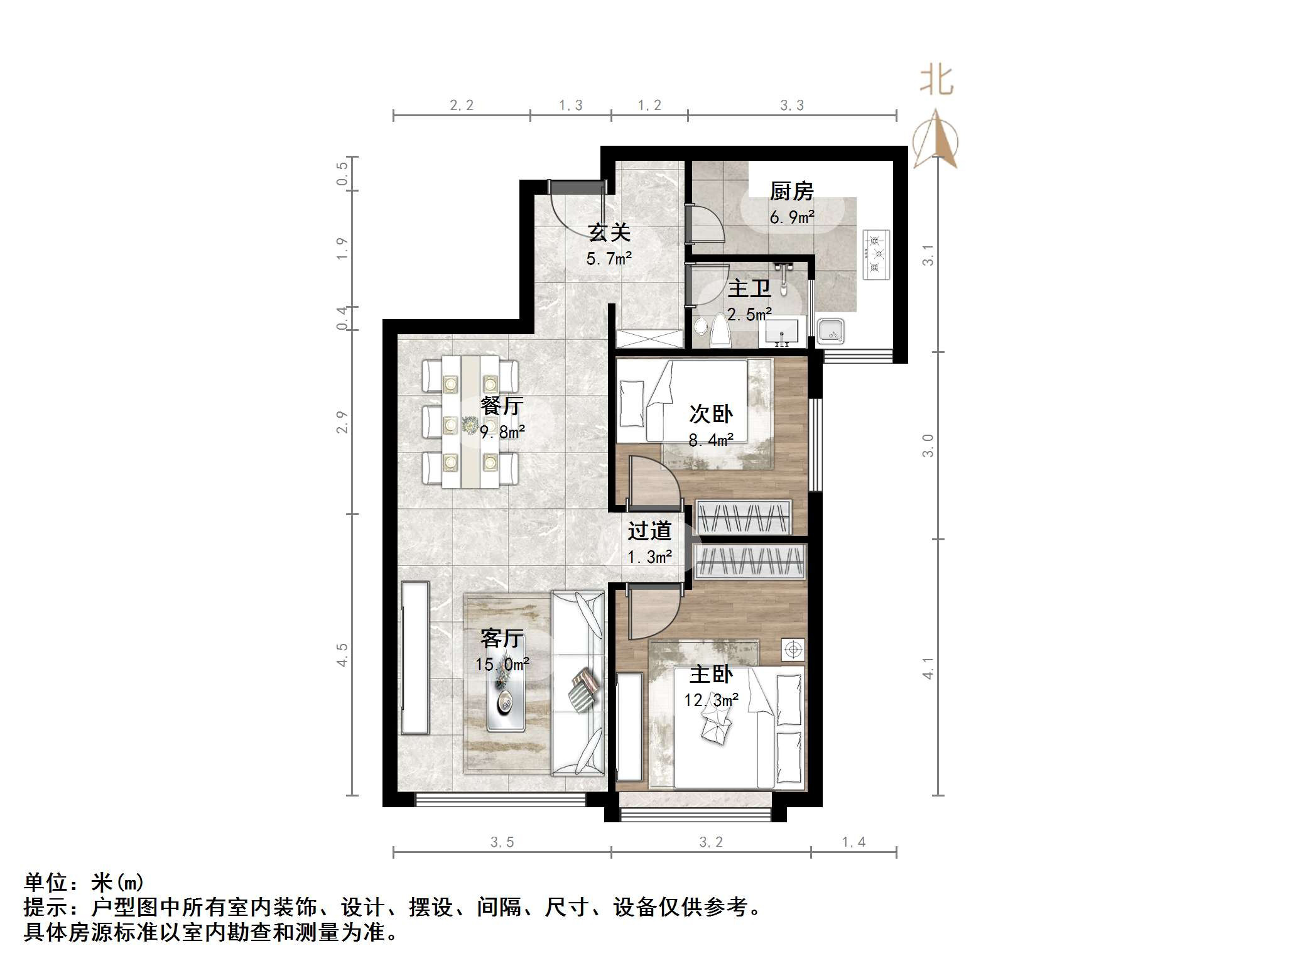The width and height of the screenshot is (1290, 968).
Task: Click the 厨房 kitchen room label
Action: (791, 191)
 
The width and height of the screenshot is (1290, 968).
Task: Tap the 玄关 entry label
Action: (609, 233)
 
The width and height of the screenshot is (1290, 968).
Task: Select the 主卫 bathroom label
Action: (749, 289)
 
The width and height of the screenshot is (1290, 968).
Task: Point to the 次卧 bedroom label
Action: (710, 414)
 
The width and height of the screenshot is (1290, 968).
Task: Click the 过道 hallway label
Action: (649, 531)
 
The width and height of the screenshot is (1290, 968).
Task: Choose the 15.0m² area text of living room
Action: (502, 665)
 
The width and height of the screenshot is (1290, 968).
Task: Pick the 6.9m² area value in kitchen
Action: (792, 217)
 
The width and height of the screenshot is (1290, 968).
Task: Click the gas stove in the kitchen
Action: (877, 254)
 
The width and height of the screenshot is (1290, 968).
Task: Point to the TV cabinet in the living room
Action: (415, 658)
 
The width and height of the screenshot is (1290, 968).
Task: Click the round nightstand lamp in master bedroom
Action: (793, 649)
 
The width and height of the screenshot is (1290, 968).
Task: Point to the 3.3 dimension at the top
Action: (792, 106)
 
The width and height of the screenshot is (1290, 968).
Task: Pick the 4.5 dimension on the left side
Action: (342, 655)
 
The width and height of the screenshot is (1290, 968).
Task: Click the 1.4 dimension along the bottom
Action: (854, 842)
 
